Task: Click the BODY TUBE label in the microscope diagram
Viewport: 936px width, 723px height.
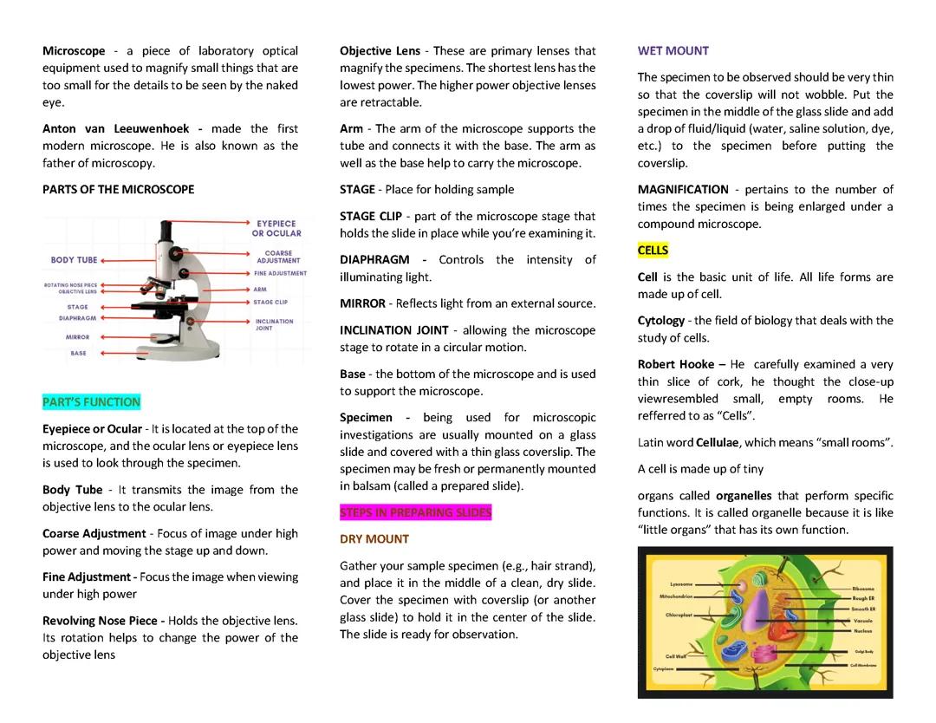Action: [74, 260]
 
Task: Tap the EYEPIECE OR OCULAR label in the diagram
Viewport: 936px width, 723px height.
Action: [276, 228]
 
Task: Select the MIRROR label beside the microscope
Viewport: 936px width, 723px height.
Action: [77, 336]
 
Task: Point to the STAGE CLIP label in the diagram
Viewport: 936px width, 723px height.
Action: [270, 303]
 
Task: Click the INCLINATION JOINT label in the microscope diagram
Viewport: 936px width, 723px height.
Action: [274, 324]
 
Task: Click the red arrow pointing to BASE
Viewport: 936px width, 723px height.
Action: [113, 353]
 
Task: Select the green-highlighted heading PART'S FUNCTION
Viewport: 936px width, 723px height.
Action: [91, 402]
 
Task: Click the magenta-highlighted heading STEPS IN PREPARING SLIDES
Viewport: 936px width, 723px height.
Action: [415, 512]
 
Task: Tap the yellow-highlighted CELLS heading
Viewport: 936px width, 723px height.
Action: [653, 251]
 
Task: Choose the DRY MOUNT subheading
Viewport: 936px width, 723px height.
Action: [374, 539]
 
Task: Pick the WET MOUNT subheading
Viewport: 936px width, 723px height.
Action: [673, 51]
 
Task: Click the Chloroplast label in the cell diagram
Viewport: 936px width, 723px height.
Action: [679, 615]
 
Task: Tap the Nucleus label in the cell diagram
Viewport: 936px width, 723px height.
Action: [862, 631]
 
